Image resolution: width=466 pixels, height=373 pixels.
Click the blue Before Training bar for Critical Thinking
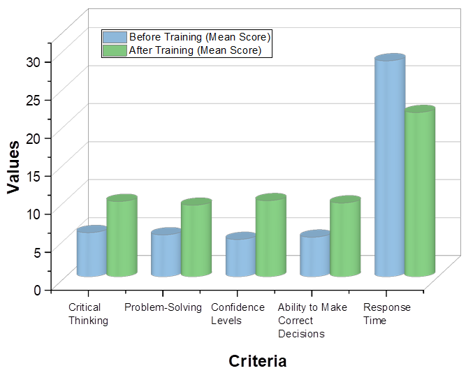tap(92, 252)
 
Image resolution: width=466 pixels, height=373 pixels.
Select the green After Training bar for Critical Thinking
tap(122, 237)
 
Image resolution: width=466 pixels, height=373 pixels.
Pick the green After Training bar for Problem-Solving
tap(196, 239)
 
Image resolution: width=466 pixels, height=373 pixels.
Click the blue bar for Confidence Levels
tap(240, 256)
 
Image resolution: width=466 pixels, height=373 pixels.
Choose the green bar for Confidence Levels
tap(270, 237)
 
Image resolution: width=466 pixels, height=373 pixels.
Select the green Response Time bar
tap(420, 192)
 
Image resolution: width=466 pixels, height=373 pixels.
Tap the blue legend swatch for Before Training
tap(115, 37)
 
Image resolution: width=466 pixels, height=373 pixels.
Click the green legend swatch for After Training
tap(115, 50)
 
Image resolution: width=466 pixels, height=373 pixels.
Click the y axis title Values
tap(13, 167)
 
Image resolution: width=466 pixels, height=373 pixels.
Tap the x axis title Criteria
tap(257, 361)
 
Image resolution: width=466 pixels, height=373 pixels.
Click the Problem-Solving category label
tap(163, 307)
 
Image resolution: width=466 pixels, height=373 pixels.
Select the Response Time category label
tap(386, 314)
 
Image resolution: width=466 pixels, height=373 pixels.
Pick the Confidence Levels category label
tap(238, 314)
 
